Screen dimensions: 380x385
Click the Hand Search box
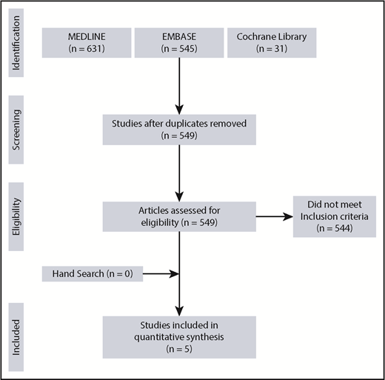(91, 273)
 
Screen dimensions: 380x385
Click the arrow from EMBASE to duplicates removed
(179, 81)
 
